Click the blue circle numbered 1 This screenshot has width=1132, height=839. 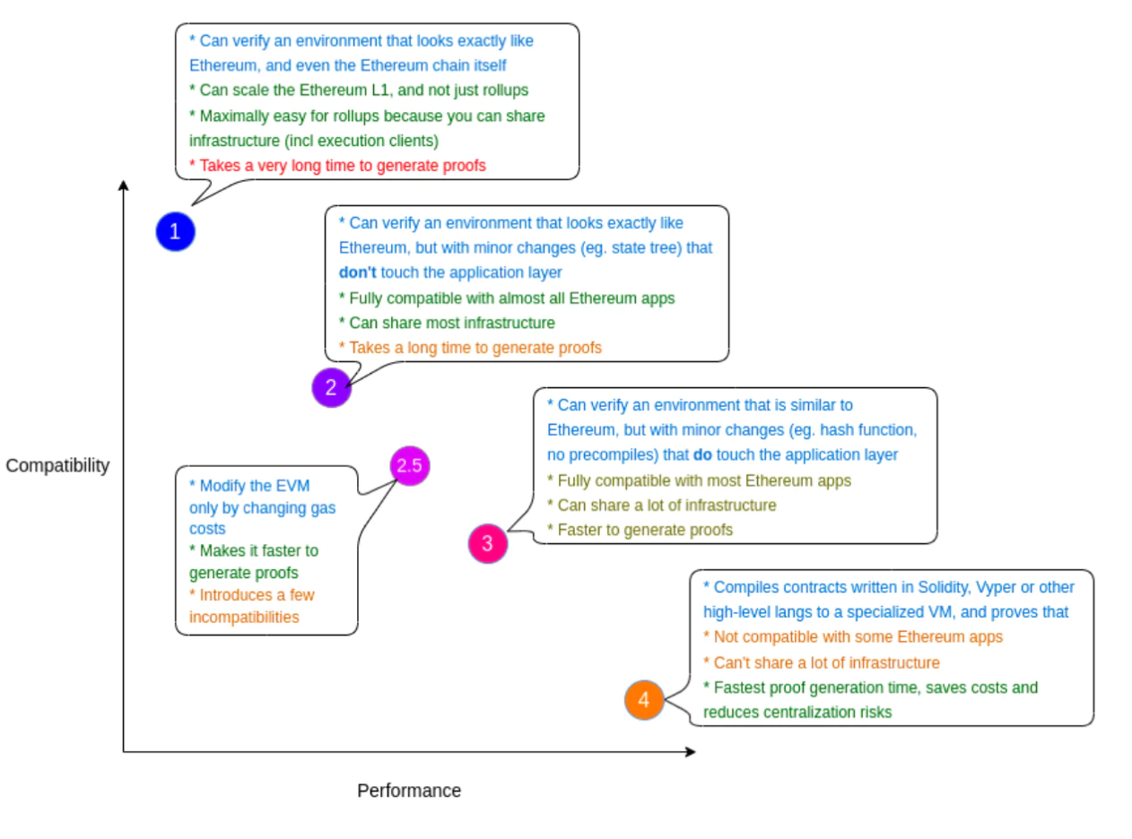click(175, 231)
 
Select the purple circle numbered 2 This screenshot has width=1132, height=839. click(331, 387)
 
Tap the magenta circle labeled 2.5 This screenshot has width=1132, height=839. click(409, 465)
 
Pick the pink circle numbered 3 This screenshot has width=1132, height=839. click(487, 544)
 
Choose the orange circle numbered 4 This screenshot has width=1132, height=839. click(643, 700)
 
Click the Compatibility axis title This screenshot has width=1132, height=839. click(57, 465)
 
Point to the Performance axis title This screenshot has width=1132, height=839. click(409, 791)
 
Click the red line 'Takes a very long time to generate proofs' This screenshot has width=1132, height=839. click(337, 166)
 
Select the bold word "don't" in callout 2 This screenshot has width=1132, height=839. click(357, 272)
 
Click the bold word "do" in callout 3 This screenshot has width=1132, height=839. click(702, 454)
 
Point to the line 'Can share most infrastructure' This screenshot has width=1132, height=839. click(447, 323)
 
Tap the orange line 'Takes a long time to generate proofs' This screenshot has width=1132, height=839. click(470, 348)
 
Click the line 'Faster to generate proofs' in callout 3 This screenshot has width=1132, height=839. click(640, 531)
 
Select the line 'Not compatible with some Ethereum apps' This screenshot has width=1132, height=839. click(853, 637)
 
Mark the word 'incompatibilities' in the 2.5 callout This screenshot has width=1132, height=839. click(244, 617)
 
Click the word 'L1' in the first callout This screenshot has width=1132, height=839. click(380, 91)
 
